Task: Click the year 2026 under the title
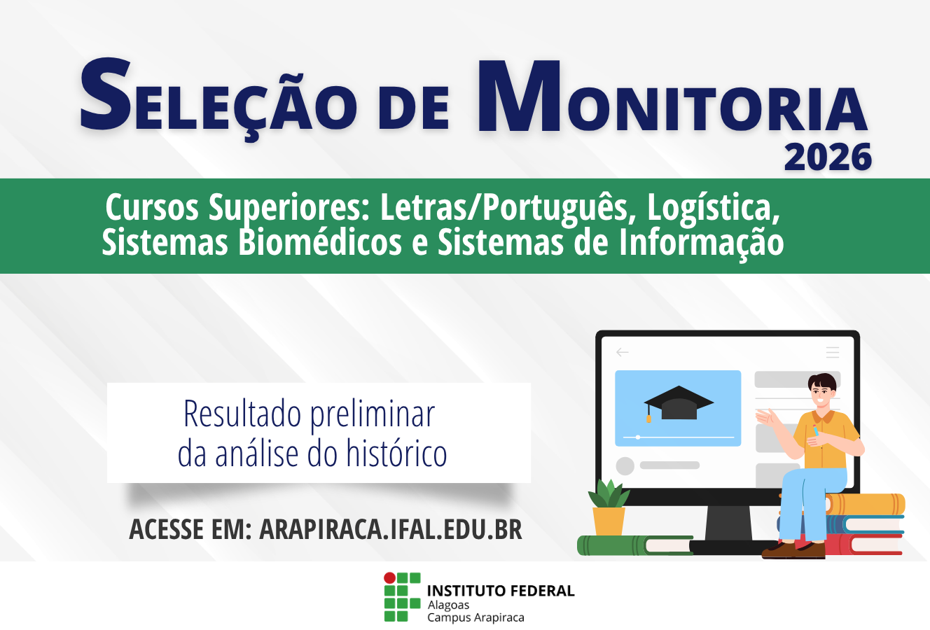click(828, 157)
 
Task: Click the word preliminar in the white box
click(372, 414)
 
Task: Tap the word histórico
click(396, 454)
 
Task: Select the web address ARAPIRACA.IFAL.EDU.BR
click(391, 529)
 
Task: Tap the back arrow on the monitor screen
click(622, 352)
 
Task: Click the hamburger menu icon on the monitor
click(832, 352)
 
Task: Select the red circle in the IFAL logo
click(389, 578)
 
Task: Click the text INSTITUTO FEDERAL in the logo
click(500, 591)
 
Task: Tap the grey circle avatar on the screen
click(625, 465)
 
